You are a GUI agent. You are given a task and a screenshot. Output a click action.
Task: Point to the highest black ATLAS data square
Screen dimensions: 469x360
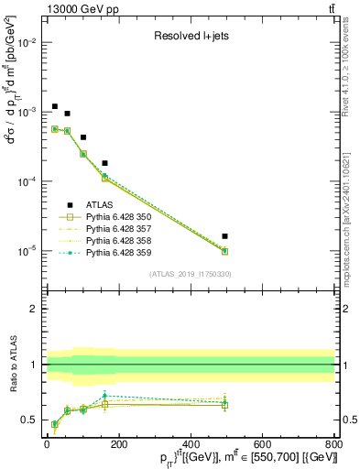point(55,106)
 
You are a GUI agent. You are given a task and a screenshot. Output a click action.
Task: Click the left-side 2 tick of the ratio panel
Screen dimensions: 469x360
point(34,309)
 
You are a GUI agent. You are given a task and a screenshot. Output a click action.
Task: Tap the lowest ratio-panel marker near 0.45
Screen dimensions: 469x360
point(55,424)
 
